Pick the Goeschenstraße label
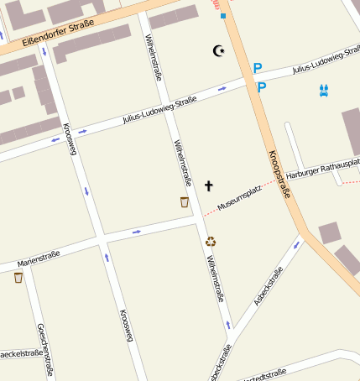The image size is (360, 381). [47, 349]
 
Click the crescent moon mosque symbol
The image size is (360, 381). [219, 52]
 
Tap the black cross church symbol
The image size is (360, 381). [209, 185]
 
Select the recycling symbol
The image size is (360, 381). [211, 241]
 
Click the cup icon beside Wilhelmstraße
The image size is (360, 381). [185, 201]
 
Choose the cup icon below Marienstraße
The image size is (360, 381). [18, 278]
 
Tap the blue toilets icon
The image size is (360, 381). [324, 90]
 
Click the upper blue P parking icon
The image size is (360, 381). [258, 68]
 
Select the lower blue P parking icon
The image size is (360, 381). [261, 86]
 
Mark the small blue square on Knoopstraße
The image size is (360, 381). [223, 16]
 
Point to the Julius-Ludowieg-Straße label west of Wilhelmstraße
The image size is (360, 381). [159, 110]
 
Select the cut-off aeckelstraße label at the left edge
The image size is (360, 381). [21, 353]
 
